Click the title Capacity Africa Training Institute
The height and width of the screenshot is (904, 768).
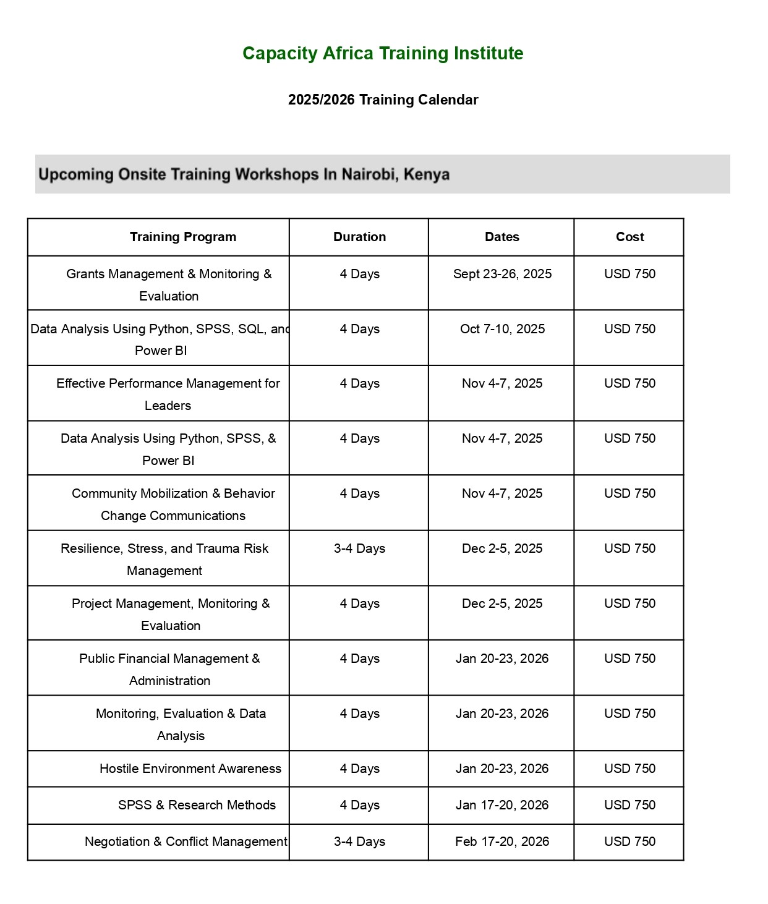click(x=383, y=54)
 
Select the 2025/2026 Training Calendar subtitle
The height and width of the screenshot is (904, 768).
click(x=383, y=100)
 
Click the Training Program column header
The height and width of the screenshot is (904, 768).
click(x=183, y=237)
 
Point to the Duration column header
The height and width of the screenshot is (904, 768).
click(x=359, y=237)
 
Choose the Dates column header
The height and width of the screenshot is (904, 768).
click(x=502, y=237)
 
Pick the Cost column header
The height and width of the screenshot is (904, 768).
click(x=629, y=237)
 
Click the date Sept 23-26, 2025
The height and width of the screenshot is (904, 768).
click(x=502, y=274)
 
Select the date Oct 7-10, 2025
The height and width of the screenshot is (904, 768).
click(x=502, y=329)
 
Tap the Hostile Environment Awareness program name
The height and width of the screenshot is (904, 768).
click(x=190, y=769)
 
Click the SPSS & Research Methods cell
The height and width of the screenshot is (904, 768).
click(x=197, y=805)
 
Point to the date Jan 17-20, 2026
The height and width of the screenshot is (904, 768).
click(x=502, y=805)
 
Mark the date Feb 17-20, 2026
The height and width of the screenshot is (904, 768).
click(x=502, y=842)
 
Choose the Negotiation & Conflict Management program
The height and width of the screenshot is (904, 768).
click(x=186, y=842)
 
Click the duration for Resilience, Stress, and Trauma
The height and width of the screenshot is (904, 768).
click(x=359, y=548)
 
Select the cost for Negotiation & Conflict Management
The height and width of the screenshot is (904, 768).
click(x=629, y=842)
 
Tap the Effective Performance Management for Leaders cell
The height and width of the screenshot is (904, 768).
click(x=168, y=394)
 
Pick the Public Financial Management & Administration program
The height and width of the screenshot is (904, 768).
click(x=169, y=669)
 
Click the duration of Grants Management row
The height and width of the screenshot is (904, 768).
click(x=359, y=274)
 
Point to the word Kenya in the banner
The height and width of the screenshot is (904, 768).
click(x=426, y=174)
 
